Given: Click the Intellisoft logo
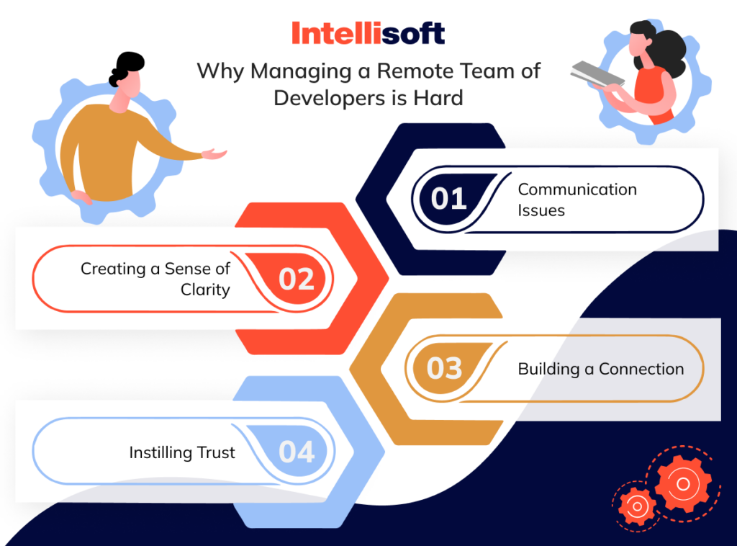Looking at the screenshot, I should click(x=368, y=32).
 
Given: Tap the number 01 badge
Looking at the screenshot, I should click(x=450, y=199).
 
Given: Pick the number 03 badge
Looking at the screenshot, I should click(x=444, y=368).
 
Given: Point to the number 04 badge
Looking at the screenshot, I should click(x=297, y=452).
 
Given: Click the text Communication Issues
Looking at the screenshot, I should click(x=577, y=200).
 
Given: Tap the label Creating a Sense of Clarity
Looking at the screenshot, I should click(x=155, y=279).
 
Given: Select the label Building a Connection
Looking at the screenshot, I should click(x=600, y=369).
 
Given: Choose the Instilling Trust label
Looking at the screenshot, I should click(x=182, y=453).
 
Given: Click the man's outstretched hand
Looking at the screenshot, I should click(x=214, y=153).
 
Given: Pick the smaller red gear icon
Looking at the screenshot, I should click(x=636, y=506).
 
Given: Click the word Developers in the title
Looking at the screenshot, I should click(x=331, y=97).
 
